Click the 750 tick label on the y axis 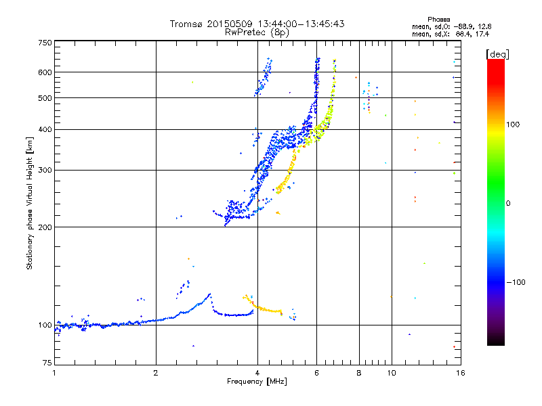45,43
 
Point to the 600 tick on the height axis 45,72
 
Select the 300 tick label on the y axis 45,170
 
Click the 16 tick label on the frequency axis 459,373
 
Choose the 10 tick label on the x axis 391,373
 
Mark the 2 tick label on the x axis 156,373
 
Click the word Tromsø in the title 186,24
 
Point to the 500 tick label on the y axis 45,98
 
